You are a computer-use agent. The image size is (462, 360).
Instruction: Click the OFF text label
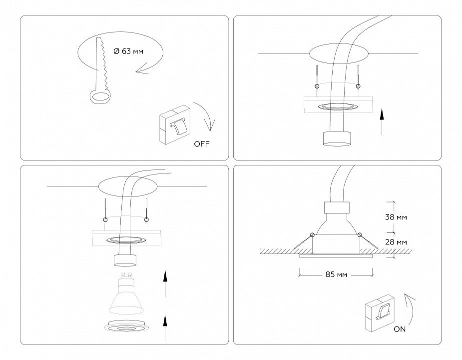202,144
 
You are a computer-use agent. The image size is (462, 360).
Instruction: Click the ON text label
399,329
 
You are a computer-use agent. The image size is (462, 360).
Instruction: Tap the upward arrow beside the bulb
165,283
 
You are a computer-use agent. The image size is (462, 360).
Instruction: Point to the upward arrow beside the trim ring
165,327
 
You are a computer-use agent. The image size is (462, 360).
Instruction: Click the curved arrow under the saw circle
150,68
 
